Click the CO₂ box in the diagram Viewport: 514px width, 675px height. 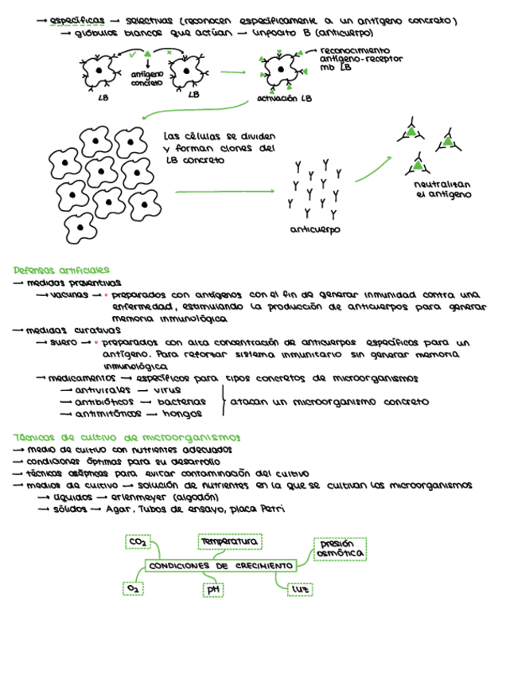click(x=138, y=543)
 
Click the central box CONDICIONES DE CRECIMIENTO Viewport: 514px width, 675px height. click(x=220, y=566)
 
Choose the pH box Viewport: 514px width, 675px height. click(x=212, y=590)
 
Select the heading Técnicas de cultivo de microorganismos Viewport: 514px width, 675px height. click(x=127, y=438)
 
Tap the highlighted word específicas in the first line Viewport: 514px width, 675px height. click(x=76, y=20)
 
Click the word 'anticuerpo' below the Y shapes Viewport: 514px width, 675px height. click(x=315, y=230)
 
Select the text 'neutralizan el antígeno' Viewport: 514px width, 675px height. click(x=442, y=189)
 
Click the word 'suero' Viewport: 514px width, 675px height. click(x=64, y=342)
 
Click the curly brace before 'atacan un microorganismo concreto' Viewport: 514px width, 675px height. click(x=223, y=401)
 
